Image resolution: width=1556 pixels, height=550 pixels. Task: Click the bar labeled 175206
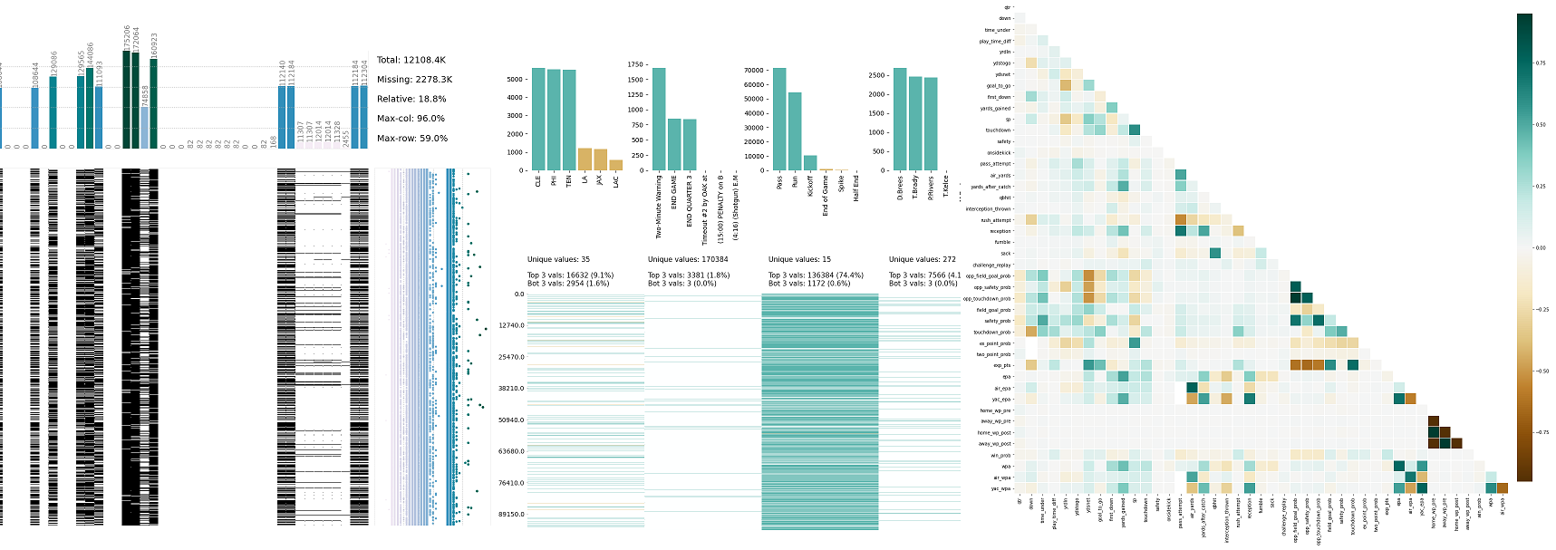click(x=126, y=99)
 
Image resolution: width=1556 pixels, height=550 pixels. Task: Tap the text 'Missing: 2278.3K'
click(x=414, y=80)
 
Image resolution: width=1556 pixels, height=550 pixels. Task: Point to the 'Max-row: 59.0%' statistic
click(x=411, y=139)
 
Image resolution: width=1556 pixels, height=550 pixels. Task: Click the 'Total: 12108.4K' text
click(x=411, y=60)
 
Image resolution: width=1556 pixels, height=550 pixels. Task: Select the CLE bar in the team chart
click(x=538, y=119)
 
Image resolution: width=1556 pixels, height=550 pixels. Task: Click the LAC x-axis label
click(x=616, y=181)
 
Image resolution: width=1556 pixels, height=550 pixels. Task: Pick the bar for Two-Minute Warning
click(x=659, y=119)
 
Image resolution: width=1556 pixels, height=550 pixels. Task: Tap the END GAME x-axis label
click(x=674, y=192)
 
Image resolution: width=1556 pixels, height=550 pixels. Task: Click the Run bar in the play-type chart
click(x=795, y=131)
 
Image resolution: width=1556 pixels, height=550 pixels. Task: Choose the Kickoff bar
click(x=810, y=163)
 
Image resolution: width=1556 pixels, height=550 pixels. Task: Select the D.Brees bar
click(x=900, y=119)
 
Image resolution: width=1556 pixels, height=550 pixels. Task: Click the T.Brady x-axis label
click(x=915, y=185)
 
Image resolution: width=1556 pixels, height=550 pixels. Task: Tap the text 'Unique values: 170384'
click(x=687, y=259)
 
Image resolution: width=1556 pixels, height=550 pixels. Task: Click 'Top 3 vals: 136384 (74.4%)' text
click(x=816, y=275)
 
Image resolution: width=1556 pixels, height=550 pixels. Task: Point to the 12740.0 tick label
click(x=511, y=325)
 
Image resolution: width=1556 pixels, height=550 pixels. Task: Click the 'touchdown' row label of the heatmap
click(x=998, y=130)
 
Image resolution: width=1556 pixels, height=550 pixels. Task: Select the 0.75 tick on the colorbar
click(x=1540, y=63)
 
